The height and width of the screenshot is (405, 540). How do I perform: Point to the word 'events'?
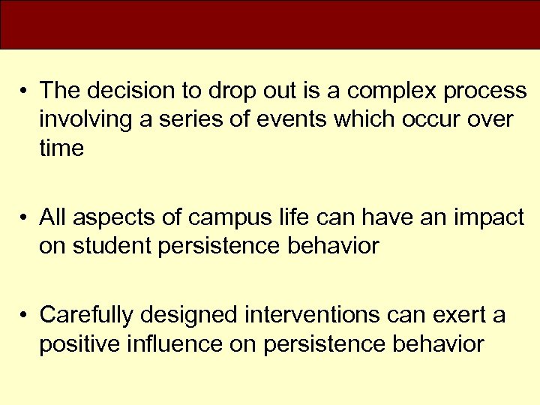pyautogui.click(x=304, y=119)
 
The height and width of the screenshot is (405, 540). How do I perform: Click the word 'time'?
pyautogui.click(x=61, y=148)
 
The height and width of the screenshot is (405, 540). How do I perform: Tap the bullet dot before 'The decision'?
pyautogui.click(x=25, y=91)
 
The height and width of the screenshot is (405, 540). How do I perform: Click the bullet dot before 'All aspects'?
pyautogui.click(x=25, y=219)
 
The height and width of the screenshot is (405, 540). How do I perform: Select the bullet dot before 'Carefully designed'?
pyautogui.click(x=25, y=316)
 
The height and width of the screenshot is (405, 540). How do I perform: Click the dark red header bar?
pyautogui.click(x=270, y=24)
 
